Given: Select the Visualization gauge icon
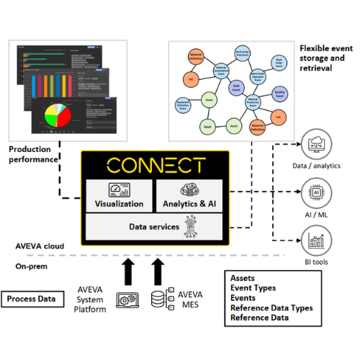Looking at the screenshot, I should (118, 189).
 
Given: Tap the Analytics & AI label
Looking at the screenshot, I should (191, 204).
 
